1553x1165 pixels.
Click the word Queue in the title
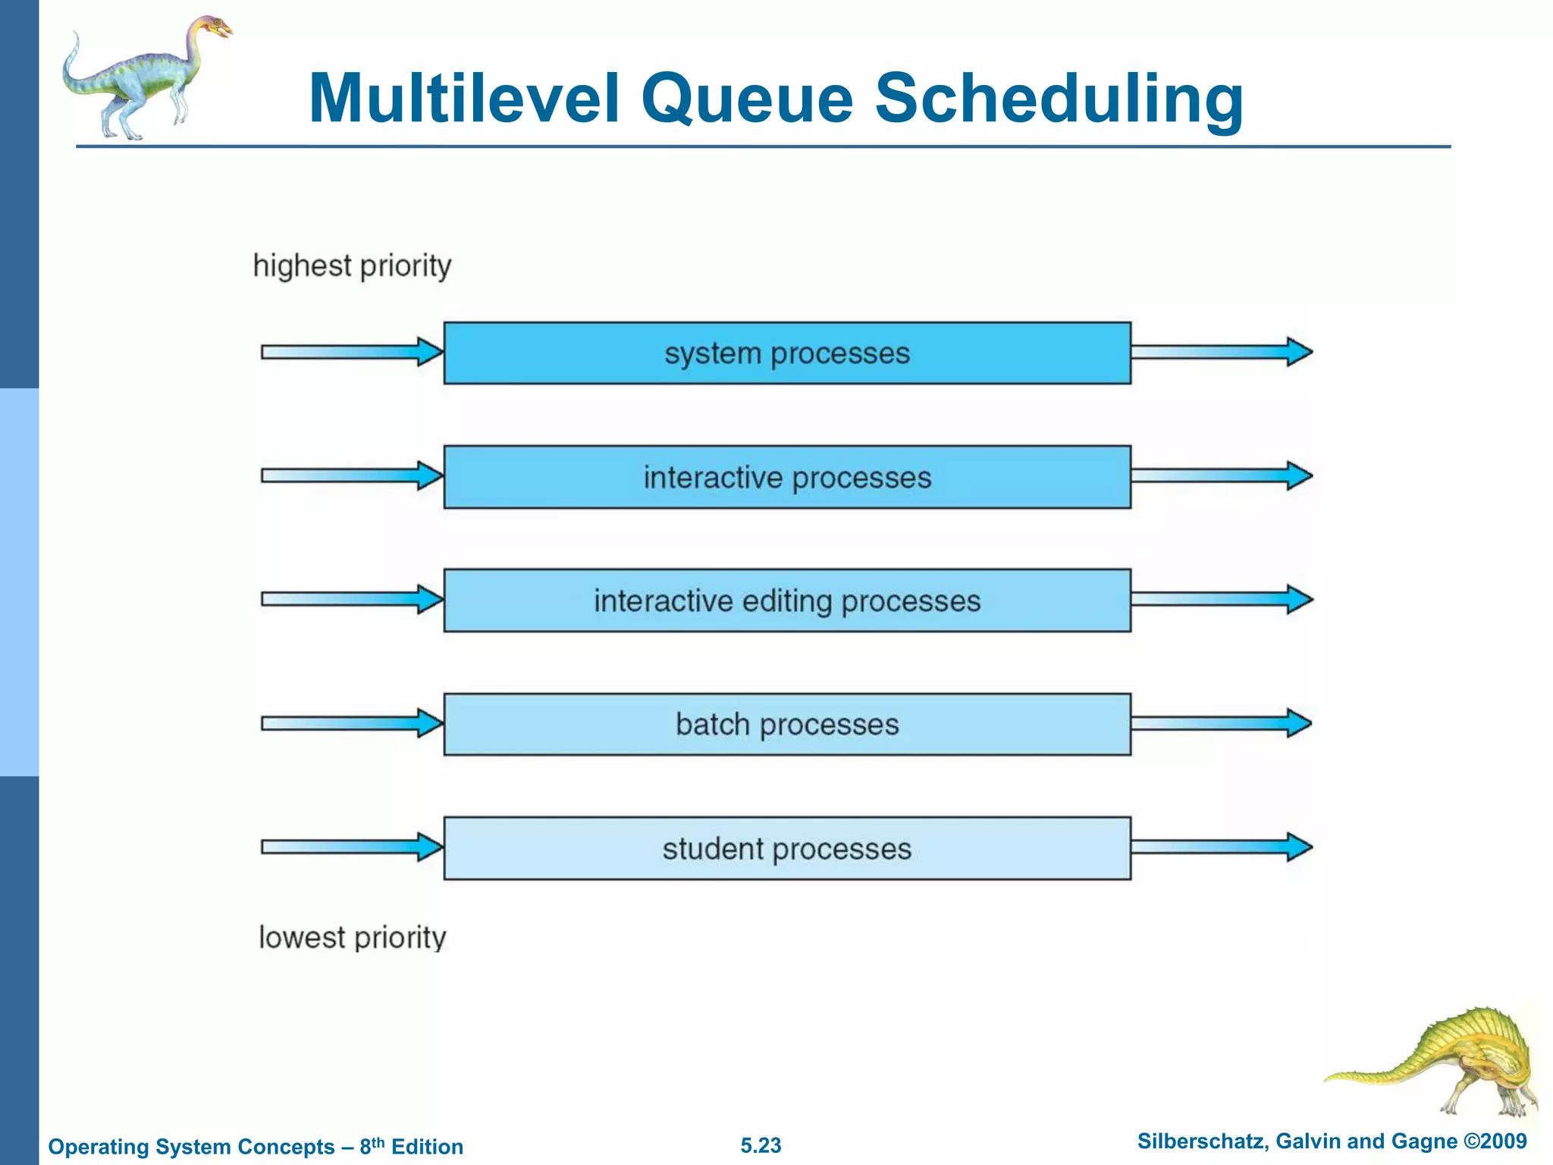click(x=747, y=99)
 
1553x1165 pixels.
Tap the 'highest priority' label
click(x=352, y=266)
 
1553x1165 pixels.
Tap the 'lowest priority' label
click(x=353, y=937)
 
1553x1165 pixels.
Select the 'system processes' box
click(x=787, y=353)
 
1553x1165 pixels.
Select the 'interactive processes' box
click(x=787, y=477)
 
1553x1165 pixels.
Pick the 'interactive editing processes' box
click(x=787, y=601)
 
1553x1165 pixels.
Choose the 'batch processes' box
click(x=787, y=724)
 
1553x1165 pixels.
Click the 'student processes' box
click(x=787, y=849)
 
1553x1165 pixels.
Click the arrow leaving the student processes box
click(x=1221, y=846)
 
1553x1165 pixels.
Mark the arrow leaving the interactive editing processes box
click(x=1221, y=599)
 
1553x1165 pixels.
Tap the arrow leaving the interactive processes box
click(x=1221, y=476)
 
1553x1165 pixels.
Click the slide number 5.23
click(x=761, y=1145)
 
